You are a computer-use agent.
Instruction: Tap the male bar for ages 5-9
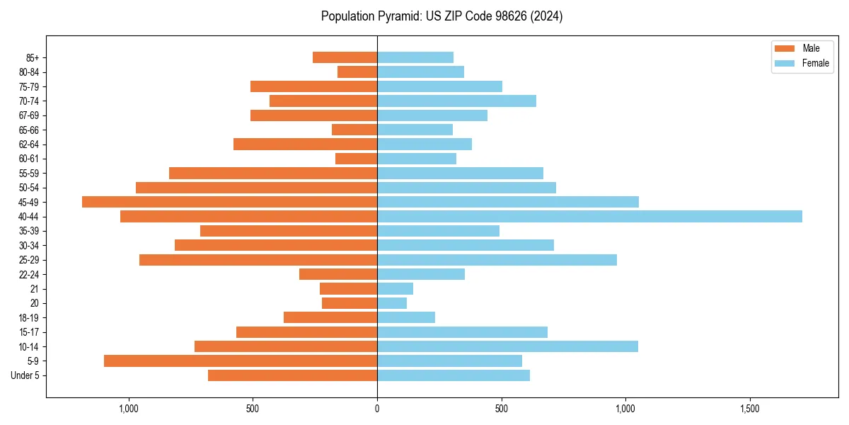coord(241,361)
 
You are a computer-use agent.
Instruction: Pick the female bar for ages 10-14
coord(507,346)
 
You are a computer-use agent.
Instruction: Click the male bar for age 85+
coord(345,57)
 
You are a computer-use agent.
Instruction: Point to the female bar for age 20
coord(392,303)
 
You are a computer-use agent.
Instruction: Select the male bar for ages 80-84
coord(357,72)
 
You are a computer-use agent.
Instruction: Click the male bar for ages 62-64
coord(305,144)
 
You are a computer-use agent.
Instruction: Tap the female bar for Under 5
coord(454,375)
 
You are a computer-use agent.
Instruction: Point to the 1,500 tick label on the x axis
coord(749,409)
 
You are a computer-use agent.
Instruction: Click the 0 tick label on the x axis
coord(377,409)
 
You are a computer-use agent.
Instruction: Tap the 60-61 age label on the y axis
coord(29,159)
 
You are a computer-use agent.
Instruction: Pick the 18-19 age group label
coord(29,318)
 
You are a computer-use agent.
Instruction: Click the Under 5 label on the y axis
coord(25,375)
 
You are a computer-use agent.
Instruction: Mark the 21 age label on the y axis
coord(35,289)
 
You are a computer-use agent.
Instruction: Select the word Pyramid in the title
coord(397,16)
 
